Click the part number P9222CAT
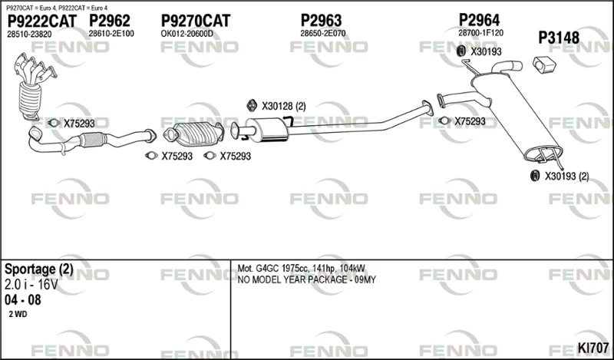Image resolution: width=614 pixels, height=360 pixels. tap(42, 21)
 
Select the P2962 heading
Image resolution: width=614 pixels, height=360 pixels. tap(109, 21)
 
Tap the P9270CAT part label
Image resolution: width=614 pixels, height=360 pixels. tap(196, 21)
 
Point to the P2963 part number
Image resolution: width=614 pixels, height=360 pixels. tap(321, 21)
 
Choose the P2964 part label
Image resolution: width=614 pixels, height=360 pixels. tap(479, 20)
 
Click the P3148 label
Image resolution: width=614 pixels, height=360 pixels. tap(559, 38)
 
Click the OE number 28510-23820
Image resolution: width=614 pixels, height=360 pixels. tap(29, 35)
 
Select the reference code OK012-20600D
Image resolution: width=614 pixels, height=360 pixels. tap(187, 34)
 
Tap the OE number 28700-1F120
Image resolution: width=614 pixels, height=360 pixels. tap(481, 33)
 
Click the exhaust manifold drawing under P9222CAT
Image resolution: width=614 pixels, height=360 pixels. tap(34, 86)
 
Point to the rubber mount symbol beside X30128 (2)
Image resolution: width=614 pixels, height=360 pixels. tap(252, 105)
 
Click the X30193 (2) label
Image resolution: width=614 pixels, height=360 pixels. tap(566, 177)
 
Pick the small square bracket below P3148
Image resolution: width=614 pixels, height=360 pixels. tap(544, 64)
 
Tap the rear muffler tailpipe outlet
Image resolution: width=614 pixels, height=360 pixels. tap(508, 67)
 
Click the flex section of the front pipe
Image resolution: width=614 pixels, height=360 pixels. tap(92, 140)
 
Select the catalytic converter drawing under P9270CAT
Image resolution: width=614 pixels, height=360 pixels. tap(193, 134)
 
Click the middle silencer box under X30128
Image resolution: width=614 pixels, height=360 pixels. tap(267, 130)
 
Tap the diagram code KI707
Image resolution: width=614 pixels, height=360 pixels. tap(593, 348)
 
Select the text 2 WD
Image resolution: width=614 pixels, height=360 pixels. tap(18, 314)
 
